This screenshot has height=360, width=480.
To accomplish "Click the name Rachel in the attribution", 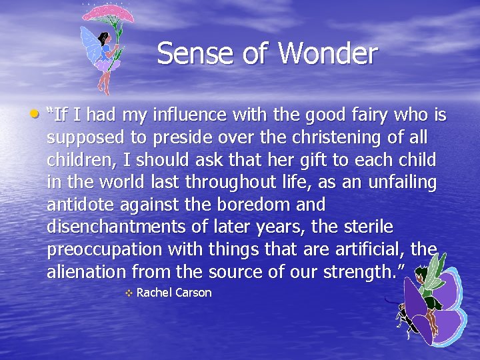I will click(x=153, y=293).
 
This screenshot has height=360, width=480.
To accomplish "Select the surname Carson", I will click(x=193, y=293).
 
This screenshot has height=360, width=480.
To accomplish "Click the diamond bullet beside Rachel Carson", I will click(x=129, y=293).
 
